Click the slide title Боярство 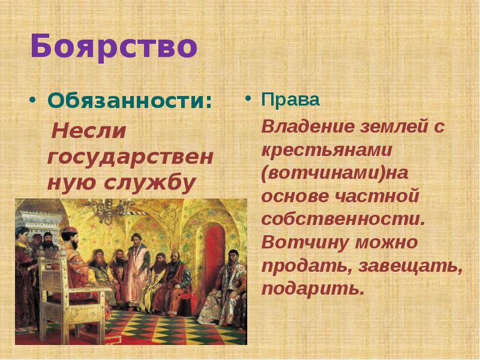[x=113, y=46]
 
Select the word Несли [x=89, y=130]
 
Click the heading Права [x=290, y=100]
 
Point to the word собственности [x=343, y=219]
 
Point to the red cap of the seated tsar [x=69, y=231]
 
